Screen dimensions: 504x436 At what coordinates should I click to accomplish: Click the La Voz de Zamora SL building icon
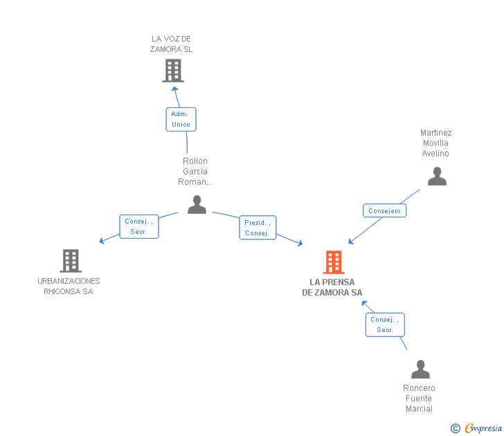[x=172, y=70]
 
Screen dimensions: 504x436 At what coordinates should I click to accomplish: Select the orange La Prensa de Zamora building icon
[x=333, y=262]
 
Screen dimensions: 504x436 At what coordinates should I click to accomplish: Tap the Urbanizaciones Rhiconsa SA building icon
[x=70, y=261]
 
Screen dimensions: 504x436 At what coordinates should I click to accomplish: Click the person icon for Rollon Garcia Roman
[x=197, y=205]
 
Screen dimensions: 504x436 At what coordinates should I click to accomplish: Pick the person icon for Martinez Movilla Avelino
[x=437, y=176]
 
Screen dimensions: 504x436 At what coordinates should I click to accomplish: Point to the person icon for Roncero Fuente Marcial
[x=420, y=370]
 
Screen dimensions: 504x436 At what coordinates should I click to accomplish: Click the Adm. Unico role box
[x=181, y=119]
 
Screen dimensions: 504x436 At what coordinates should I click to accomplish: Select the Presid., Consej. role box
[x=258, y=228]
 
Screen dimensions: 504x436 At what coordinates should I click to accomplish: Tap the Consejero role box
[x=384, y=210]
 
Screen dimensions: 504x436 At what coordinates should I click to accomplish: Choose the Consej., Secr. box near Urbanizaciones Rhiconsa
[x=138, y=226]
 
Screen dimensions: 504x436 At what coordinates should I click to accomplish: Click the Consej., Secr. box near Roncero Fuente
[x=385, y=325]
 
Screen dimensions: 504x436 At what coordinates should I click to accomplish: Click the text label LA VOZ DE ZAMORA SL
[x=172, y=44]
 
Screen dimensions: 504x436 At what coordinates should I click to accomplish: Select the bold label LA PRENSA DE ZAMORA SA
[x=332, y=287]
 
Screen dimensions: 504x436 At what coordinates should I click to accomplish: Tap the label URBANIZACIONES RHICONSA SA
[x=69, y=286]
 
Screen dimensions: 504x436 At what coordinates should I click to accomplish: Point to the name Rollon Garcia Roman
[x=195, y=172]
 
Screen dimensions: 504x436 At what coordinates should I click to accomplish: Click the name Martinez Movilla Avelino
[x=435, y=143]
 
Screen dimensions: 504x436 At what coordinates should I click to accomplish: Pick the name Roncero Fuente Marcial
[x=419, y=399]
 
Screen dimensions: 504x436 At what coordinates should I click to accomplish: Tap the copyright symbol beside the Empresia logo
[x=456, y=428]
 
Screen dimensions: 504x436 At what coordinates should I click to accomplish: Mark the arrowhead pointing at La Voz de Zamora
[x=175, y=88]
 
